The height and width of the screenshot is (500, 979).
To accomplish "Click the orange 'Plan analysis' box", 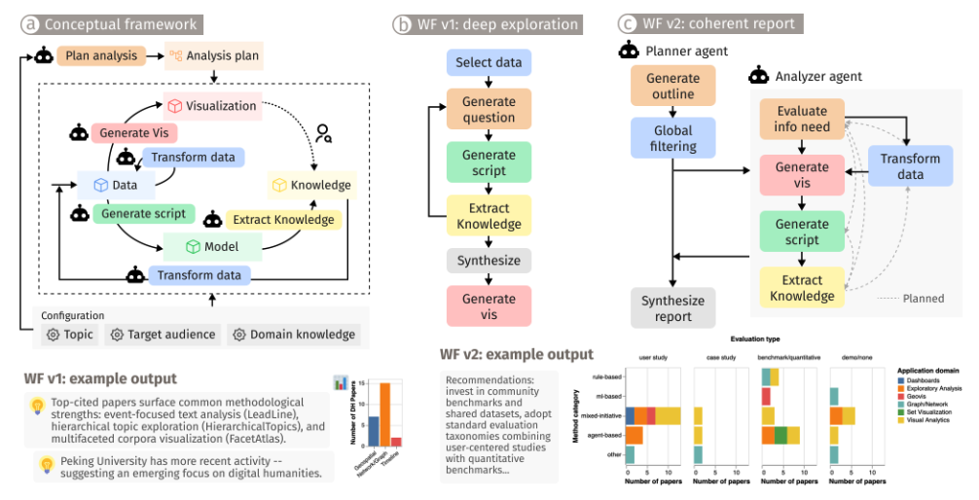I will (101, 55).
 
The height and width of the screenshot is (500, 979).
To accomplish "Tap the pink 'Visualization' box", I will (212, 105).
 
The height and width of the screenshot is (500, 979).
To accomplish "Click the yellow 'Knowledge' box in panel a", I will (310, 185).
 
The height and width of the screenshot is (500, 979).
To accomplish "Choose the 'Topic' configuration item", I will (70, 335).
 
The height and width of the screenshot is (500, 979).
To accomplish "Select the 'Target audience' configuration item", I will (163, 335).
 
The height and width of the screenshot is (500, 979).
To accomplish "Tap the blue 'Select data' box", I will (489, 63).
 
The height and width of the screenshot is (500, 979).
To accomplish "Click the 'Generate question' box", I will (489, 109).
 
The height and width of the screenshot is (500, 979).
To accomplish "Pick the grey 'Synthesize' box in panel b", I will (489, 260).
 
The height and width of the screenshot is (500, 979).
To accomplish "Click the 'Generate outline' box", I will (672, 87).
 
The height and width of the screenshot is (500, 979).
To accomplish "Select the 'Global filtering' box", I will (672, 138).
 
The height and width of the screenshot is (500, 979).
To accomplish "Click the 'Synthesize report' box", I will (672, 308).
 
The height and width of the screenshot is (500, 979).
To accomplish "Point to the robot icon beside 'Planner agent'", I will (629, 51).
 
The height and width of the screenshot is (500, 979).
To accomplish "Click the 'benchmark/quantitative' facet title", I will (787, 357).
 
